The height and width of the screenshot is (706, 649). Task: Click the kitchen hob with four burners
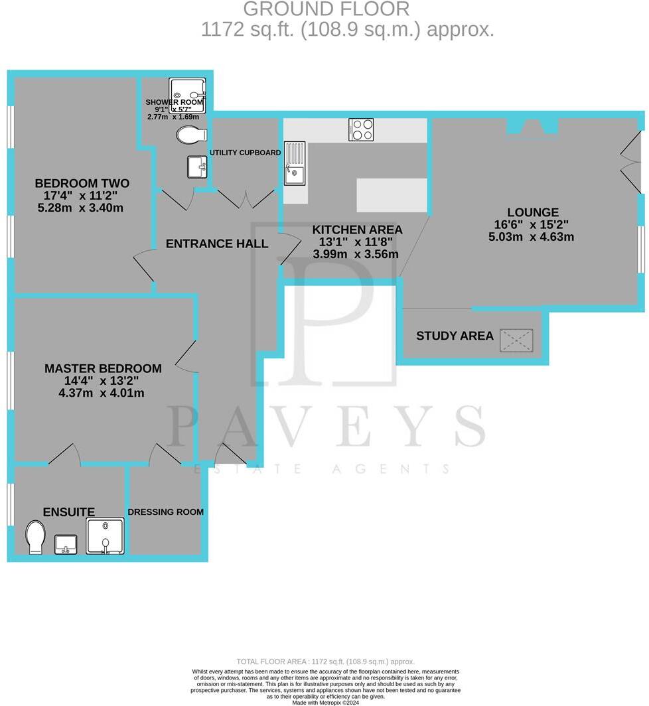point(361,129)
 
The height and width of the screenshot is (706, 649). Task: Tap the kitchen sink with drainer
point(295,163)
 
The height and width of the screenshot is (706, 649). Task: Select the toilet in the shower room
point(190,136)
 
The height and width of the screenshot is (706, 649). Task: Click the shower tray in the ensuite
point(105,536)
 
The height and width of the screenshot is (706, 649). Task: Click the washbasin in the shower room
point(196,167)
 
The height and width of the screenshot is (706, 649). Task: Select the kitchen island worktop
point(392,195)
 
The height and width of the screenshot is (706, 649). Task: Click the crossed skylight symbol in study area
point(516,340)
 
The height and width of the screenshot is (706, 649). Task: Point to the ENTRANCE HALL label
point(217,244)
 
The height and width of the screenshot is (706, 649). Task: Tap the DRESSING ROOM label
point(165,512)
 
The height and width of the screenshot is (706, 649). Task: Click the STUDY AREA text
point(455,336)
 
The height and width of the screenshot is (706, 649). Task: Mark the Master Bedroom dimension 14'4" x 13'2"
point(102,381)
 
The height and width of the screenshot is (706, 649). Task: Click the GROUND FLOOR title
point(326,9)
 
